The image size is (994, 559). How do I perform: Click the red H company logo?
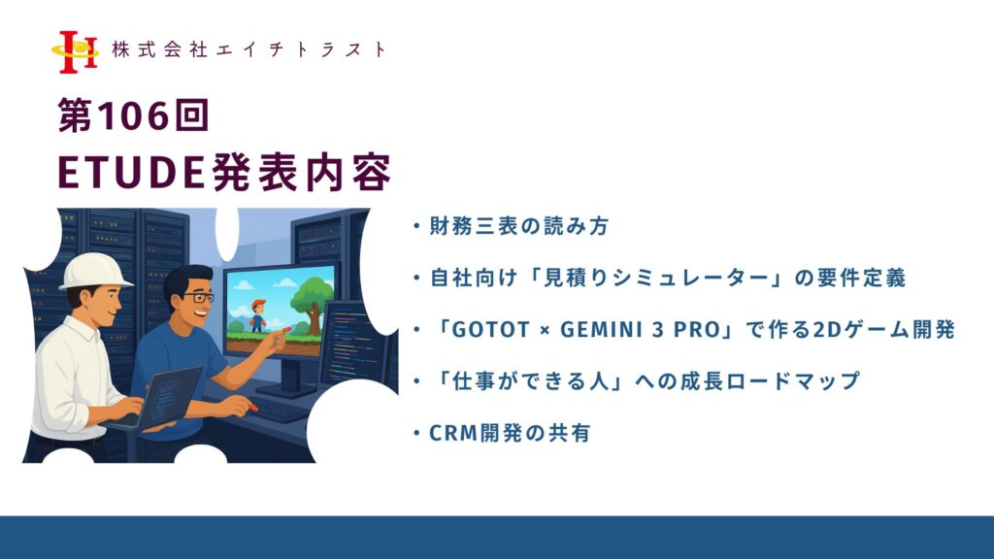tap(76, 52)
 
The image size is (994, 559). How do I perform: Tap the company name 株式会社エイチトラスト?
tap(248, 49)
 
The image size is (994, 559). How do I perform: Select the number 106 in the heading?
tap(134, 116)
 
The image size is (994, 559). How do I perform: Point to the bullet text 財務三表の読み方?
tap(519, 226)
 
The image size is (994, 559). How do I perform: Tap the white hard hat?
tap(95, 272)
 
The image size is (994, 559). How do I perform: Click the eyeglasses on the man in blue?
tap(198, 297)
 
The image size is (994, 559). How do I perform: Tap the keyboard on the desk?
tap(280, 410)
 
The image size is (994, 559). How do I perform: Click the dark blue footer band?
tap(497, 538)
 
